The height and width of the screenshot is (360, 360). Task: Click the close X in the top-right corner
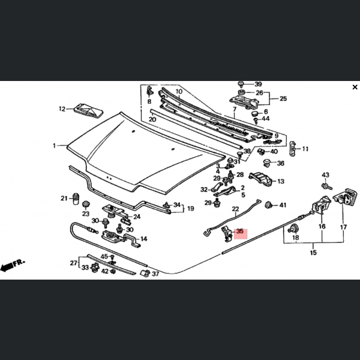pos(355,87)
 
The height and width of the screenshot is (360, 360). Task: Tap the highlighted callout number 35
pos(240,232)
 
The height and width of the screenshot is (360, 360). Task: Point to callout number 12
pos(61,109)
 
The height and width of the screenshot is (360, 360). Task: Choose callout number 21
pos(64,199)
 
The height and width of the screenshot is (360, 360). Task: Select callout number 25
pos(283,98)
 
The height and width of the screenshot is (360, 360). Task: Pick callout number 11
pos(305,149)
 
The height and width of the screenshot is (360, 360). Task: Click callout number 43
pos(326,175)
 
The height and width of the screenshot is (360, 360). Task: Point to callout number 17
pos(343,227)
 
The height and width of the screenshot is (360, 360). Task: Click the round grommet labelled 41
pos(269,205)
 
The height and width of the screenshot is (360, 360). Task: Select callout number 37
pos(155,274)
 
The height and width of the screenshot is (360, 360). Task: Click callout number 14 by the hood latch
pos(143,239)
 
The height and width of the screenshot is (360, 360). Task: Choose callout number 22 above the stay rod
pos(236,209)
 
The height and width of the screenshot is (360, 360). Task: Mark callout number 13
pos(280,181)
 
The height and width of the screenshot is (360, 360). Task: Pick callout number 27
pos(73,263)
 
